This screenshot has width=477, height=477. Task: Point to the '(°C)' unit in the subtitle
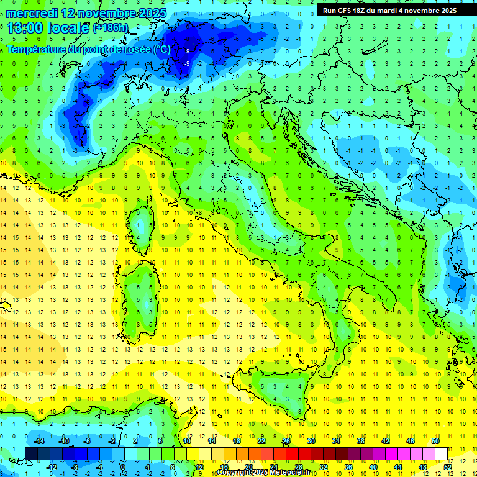coord(161,50)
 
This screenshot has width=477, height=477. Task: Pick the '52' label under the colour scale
coord(448,466)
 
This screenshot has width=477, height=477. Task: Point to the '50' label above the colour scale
coord(435,441)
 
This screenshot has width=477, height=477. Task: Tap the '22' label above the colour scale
coord(261,441)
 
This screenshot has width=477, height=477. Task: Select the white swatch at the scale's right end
coord(441,453)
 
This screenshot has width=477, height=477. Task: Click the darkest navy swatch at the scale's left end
coord(31,453)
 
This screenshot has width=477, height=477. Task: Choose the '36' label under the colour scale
coord(348,466)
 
